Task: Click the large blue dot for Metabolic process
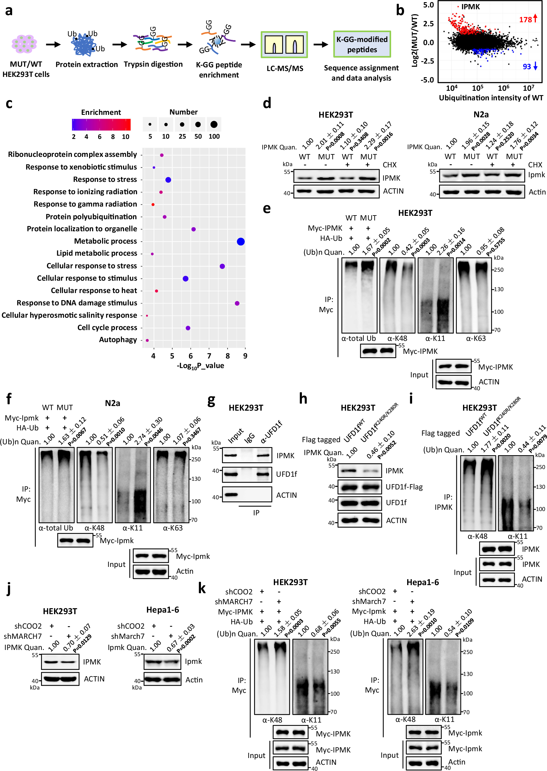(240, 241)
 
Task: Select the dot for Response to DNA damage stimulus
(237, 303)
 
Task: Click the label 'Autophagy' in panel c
(118, 340)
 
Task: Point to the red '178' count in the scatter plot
(525, 19)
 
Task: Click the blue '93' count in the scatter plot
(526, 66)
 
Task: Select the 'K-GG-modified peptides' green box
(362, 44)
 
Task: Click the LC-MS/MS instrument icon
(284, 44)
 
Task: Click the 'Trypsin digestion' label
(153, 64)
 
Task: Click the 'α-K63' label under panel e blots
(476, 338)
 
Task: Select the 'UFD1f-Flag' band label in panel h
(404, 486)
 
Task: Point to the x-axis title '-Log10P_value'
(200, 366)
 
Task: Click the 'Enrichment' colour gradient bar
(101, 125)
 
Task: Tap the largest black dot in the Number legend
(214, 125)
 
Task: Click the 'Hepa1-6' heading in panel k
(422, 582)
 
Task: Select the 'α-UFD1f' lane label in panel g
(271, 432)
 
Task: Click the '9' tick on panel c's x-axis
(245, 356)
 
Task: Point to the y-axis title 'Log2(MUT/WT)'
(415, 40)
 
